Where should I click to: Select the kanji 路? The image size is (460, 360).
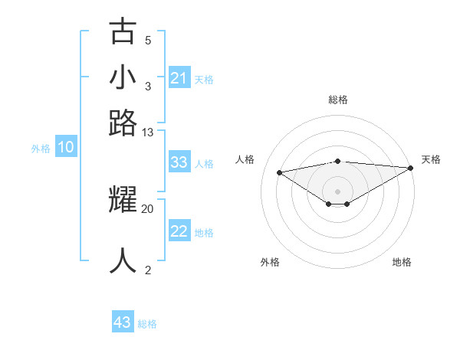(x=123, y=123)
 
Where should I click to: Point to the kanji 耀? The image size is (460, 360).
(x=123, y=201)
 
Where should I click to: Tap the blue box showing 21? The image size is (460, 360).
(x=179, y=78)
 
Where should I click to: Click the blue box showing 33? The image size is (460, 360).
(x=179, y=162)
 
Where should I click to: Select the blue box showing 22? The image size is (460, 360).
(x=179, y=232)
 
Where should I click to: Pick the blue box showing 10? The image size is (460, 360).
(x=66, y=148)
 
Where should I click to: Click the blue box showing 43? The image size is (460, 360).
(x=123, y=322)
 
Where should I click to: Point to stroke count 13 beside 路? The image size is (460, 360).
(x=148, y=133)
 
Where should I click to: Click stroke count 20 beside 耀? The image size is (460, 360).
(x=148, y=208)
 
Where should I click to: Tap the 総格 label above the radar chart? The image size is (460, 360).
(x=338, y=100)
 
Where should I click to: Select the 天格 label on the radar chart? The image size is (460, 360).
(x=431, y=159)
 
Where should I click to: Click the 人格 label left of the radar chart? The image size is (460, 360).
(x=245, y=159)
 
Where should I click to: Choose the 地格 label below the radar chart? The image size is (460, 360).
(x=402, y=263)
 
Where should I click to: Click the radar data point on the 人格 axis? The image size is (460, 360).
(x=280, y=172)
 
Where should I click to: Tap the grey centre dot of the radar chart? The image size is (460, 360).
(x=338, y=191)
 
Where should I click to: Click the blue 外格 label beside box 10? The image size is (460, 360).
(x=40, y=149)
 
